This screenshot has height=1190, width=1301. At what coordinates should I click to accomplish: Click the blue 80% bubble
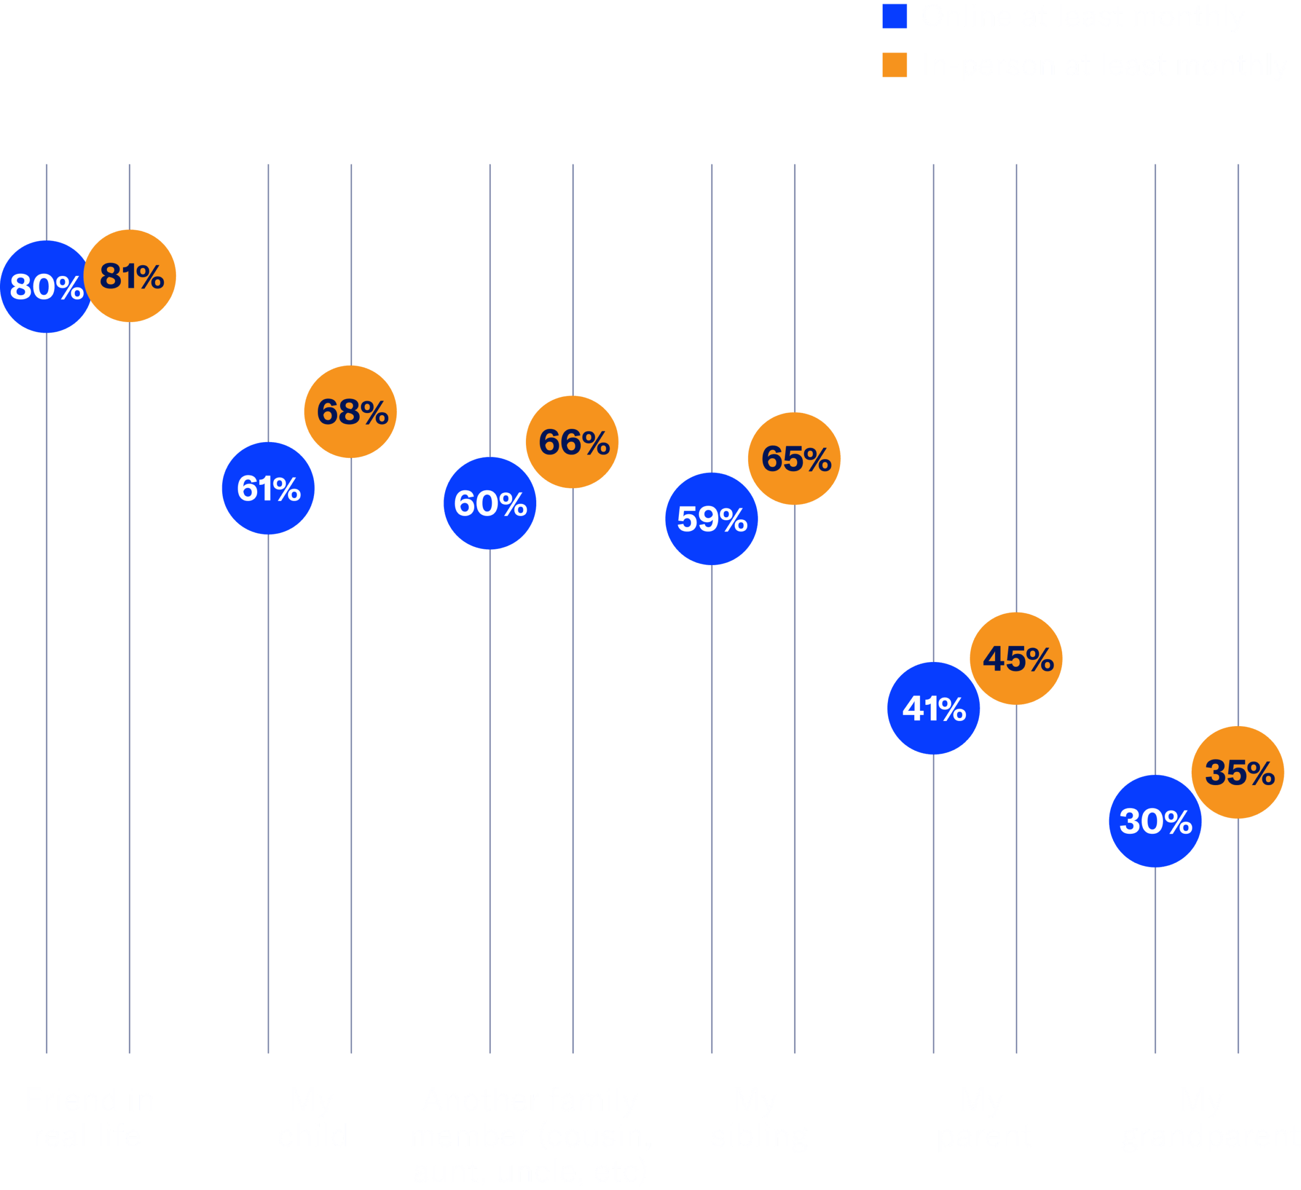(46, 287)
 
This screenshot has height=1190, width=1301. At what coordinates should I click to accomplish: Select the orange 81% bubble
(130, 275)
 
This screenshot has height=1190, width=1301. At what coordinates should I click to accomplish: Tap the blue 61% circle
(268, 488)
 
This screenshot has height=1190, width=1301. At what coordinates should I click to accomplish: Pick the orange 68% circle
(351, 411)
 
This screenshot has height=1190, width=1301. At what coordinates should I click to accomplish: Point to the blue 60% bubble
(490, 503)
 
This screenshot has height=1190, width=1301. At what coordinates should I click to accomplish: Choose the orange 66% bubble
(572, 442)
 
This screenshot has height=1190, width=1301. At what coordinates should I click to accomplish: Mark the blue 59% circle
(712, 518)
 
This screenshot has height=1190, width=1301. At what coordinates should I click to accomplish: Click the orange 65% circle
(794, 458)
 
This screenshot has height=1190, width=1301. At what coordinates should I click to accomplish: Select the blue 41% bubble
(933, 708)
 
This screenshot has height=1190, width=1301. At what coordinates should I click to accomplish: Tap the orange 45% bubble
(1016, 658)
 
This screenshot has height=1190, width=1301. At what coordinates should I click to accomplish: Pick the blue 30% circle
(1155, 821)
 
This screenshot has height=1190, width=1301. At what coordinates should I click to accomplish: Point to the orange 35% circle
(1238, 772)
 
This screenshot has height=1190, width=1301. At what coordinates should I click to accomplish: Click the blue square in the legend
(894, 16)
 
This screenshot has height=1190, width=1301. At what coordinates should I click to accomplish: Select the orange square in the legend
(894, 65)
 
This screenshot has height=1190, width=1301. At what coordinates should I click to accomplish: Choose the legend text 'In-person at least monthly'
(1103, 65)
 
